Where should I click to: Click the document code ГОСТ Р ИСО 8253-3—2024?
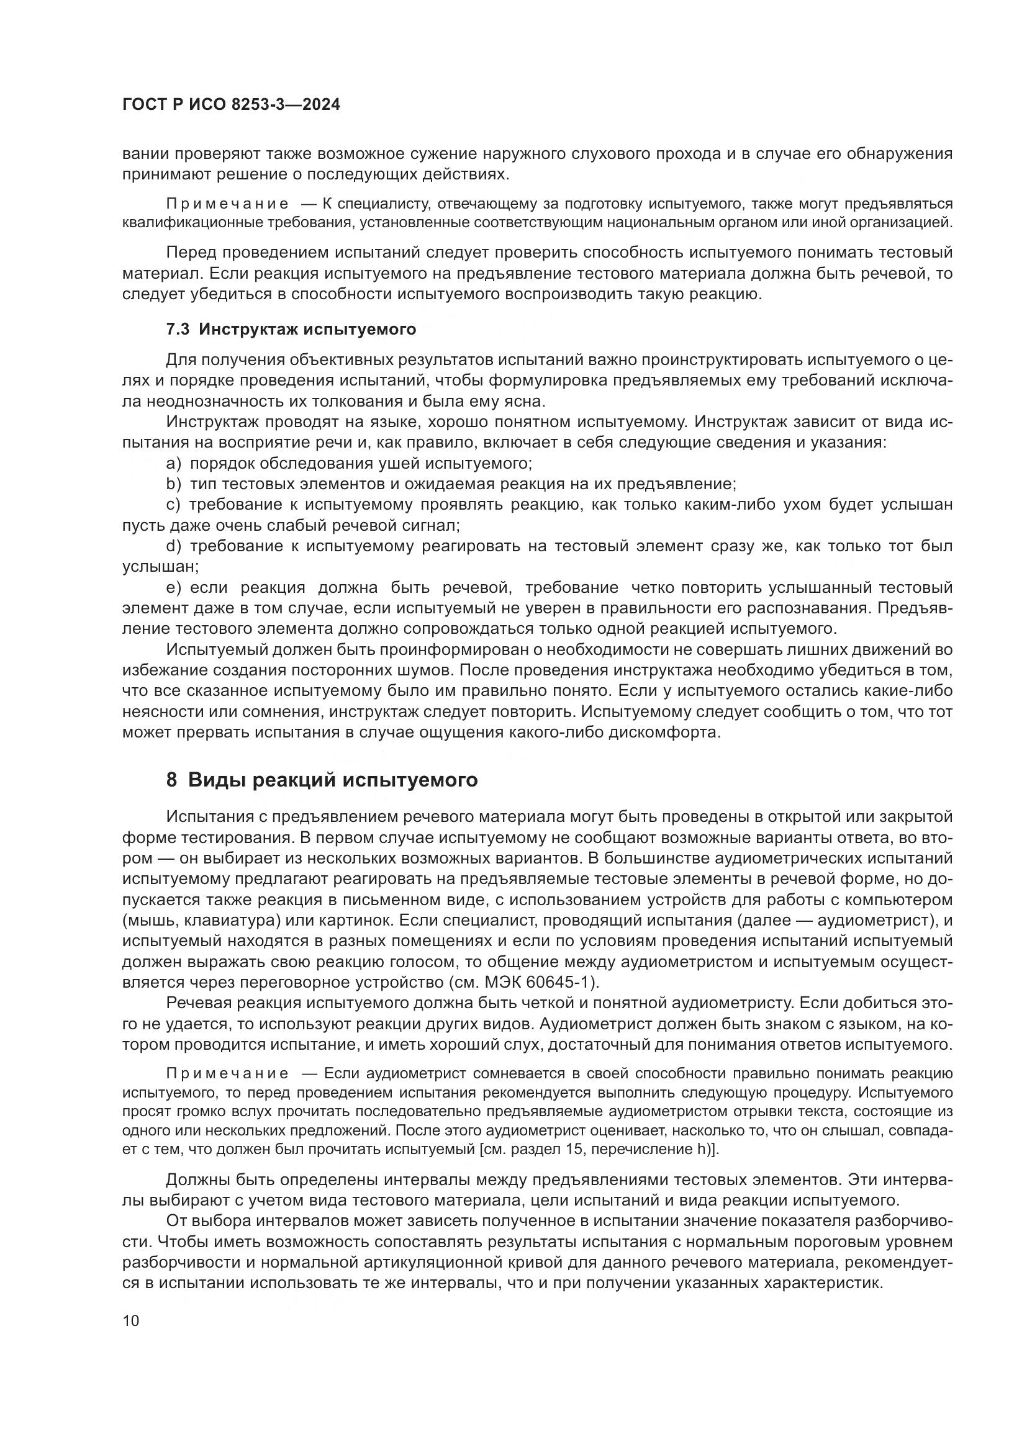[231, 105]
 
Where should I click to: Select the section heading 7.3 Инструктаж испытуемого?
[291, 329]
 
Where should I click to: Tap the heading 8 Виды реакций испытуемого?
[322, 780]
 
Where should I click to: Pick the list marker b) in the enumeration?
[173, 484]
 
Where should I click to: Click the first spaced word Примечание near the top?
[228, 204]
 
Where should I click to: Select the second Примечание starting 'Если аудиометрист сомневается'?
[228, 1074]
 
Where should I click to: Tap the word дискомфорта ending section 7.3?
[669, 733]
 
